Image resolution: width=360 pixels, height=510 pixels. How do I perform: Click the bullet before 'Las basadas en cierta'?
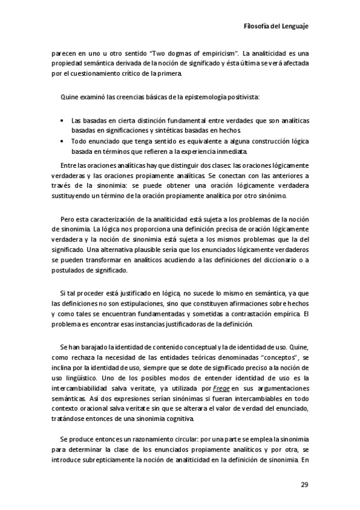(63, 121)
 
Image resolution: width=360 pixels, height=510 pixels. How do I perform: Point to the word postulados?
(69, 271)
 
